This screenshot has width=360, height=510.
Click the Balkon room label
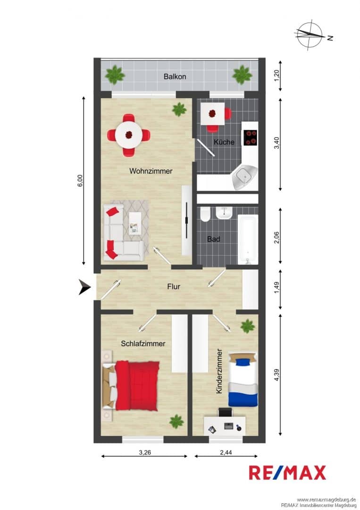(x=175, y=77)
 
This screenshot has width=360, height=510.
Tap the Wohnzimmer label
(x=151, y=171)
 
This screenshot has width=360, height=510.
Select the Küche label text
(x=224, y=142)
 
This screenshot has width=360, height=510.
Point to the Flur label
(x=174, y=287)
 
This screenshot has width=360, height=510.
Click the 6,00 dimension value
(x=80, y=181)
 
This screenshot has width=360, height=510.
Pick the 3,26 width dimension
(x=144, y=452)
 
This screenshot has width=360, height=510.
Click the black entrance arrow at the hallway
(x=84, y=287)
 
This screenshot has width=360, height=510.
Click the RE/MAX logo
(x=287, y=473)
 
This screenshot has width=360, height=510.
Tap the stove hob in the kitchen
(x=251, y=137)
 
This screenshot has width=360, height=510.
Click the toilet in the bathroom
(x=205, y=214)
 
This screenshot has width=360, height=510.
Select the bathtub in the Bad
(x=248, y=239)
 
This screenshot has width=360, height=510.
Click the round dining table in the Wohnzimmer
(x=129, y=134)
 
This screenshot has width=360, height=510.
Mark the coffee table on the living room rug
(x=135, y=223)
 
